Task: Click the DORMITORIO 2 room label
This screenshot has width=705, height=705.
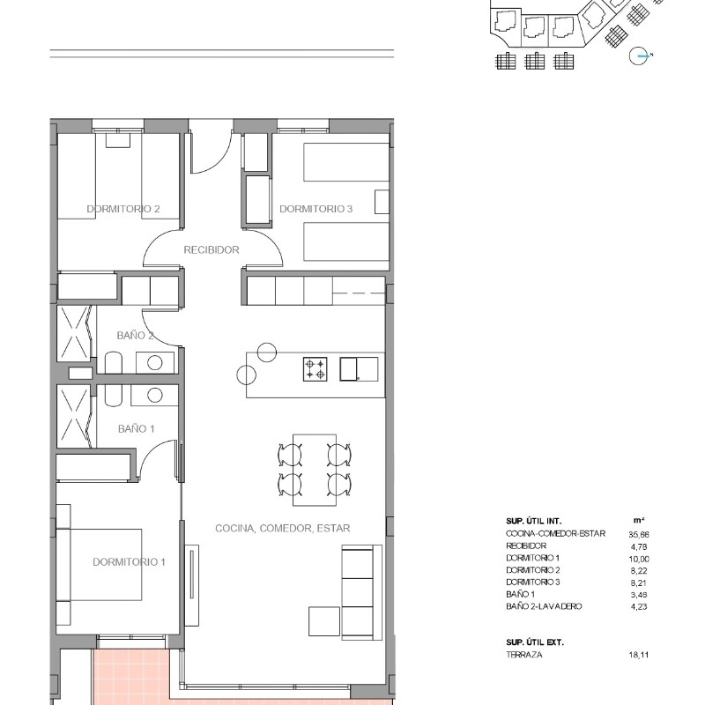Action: (x=123, y=209)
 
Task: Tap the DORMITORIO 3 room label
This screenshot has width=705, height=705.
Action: (x=316, y=209)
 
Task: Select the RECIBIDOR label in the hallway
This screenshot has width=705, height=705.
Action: (x=211, y=250)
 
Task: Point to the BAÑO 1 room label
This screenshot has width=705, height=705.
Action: (x=137, y=429)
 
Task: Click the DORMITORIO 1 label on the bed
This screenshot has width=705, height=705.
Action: (x=129, y=562)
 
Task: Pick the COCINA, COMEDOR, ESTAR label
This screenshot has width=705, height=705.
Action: (x=283, y=528)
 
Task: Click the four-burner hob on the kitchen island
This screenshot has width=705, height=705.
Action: (x=315, y=369)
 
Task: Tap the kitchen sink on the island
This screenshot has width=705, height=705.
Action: (x=359, y=369)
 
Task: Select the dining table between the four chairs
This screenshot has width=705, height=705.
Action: (x=315, y=470)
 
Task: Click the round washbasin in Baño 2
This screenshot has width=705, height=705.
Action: (x=155, y=362)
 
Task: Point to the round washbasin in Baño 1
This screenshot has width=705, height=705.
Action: (x=155, y=395)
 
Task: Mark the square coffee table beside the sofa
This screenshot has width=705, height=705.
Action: (x=324, y=621)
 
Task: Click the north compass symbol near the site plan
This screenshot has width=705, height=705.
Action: (x=640, y=56)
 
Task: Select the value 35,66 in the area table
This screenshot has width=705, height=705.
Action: (x=639, y=535)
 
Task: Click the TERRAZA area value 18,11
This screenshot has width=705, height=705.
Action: (x=639, y=655)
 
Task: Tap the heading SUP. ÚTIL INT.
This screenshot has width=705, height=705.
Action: (x=534, y=522)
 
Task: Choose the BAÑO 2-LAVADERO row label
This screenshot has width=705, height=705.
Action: (x=544, y=606)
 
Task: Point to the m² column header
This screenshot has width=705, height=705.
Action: (x=639, y=520)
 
